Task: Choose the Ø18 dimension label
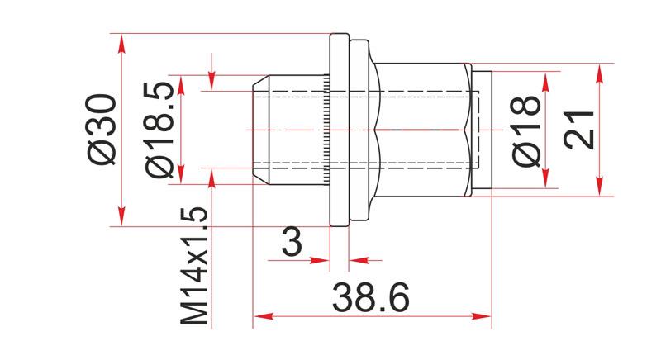click(526, 130)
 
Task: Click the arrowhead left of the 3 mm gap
click(323, 261)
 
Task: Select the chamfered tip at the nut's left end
click(258, 130)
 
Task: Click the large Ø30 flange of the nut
click(339, 130)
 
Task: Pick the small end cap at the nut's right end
click(484, 130)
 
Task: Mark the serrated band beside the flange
click(327, 130)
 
